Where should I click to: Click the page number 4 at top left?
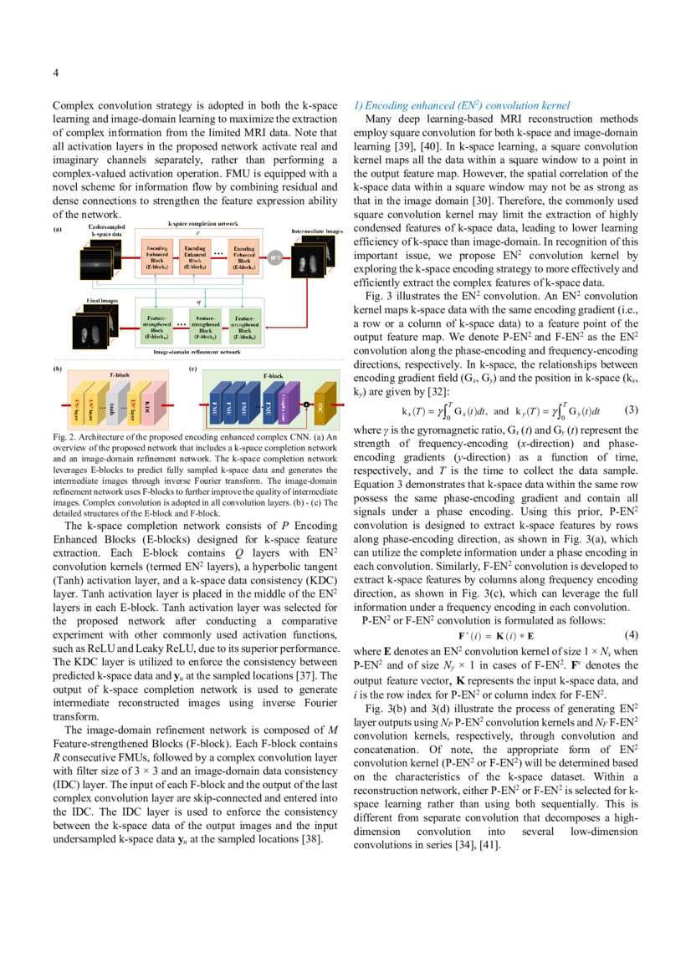pos(56,73)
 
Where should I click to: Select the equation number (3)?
pos(632,410)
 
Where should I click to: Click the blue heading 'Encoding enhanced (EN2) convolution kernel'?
pos(461,106)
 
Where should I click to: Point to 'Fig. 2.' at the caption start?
pos(64,437)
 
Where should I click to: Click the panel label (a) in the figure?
pos(58,229)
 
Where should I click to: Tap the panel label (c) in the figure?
pos(193,368)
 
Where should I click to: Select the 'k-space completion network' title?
pos(203,224)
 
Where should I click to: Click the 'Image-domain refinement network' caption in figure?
pos(197,354)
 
